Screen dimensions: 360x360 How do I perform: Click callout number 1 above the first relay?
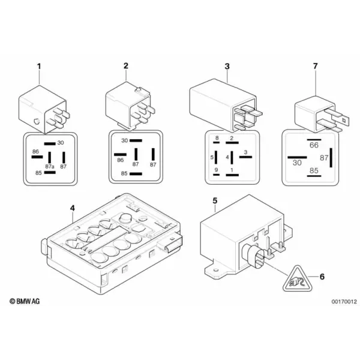(x=39, y=67)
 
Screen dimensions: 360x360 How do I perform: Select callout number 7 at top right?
(x=316, y=66)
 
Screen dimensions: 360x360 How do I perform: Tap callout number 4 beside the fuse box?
(x=73, y=208)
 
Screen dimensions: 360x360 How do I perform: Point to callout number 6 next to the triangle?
(x=322, y=277)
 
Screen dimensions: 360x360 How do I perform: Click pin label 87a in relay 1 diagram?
(x=50, y=166)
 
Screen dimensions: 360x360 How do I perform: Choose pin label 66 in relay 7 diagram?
(x=314, y=145)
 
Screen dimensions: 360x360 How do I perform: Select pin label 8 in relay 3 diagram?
(x=217, y=138)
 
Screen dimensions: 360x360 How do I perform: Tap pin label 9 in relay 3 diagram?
(x=216, y=170)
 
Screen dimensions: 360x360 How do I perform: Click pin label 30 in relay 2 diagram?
(x=124, y=140)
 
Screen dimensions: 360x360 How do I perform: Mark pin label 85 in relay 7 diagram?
(x=314, y=170)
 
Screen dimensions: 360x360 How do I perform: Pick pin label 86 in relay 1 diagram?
(x=35, y=152)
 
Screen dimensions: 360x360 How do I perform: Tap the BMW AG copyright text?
(x=25, y=301)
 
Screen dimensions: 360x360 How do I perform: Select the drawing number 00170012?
(x=344, y=301)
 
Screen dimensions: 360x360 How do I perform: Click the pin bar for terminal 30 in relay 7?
(x=298, y=157)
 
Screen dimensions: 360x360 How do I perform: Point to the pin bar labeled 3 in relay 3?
(x=245, y=157)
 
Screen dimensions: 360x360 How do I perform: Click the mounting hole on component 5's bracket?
(x=215, y=270)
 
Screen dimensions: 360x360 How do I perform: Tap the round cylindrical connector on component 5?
(x=254, y=255)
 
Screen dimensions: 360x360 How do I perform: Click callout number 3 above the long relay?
(x=227, y=67)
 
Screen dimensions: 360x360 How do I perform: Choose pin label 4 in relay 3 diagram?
(x=227, y=157)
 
